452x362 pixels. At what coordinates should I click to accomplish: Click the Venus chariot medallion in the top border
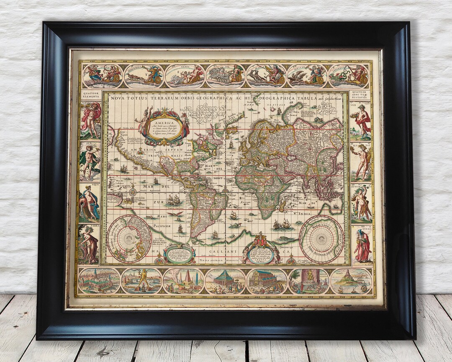pos(185,76)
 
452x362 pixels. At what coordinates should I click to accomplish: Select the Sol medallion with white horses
pos(226,76)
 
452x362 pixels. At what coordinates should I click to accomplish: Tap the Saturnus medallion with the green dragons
pos(349,76)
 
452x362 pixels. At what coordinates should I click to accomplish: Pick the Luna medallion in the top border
pos(103,76)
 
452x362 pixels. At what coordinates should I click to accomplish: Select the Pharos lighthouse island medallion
pos(351,281)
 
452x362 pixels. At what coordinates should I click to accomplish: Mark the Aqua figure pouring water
pos(89,203)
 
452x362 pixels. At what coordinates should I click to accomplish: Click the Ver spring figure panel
pos(361,121)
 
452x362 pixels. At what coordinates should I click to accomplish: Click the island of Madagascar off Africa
pos(283,205)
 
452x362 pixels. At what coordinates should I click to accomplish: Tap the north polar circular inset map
pos(128,239)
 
